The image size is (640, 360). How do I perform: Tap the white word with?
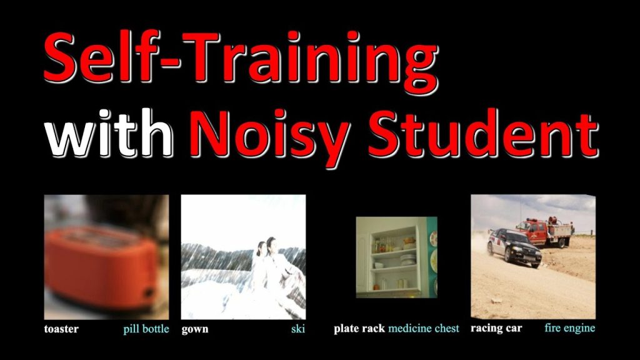(x=109, y=133)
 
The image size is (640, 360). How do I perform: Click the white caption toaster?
(x=61, y=329)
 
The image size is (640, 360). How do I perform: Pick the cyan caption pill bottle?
(x=146, y=329)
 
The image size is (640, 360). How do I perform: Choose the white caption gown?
(x=195, y=329)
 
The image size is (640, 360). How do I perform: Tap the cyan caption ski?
(x=298, y=329)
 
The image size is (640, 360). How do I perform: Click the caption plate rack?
(x=359, y=329)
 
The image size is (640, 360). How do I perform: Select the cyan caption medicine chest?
(x=424, y=329)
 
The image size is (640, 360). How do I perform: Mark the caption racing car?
(x=496, y=328)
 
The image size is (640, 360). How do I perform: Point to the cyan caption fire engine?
(x=570, y=327)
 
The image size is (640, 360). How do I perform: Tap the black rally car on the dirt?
(x=514, y=247)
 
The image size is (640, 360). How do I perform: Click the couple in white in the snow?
(x=274, y=269)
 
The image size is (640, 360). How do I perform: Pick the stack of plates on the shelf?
(x=407, y=259)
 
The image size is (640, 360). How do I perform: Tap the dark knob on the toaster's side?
(x=147, y=292)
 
